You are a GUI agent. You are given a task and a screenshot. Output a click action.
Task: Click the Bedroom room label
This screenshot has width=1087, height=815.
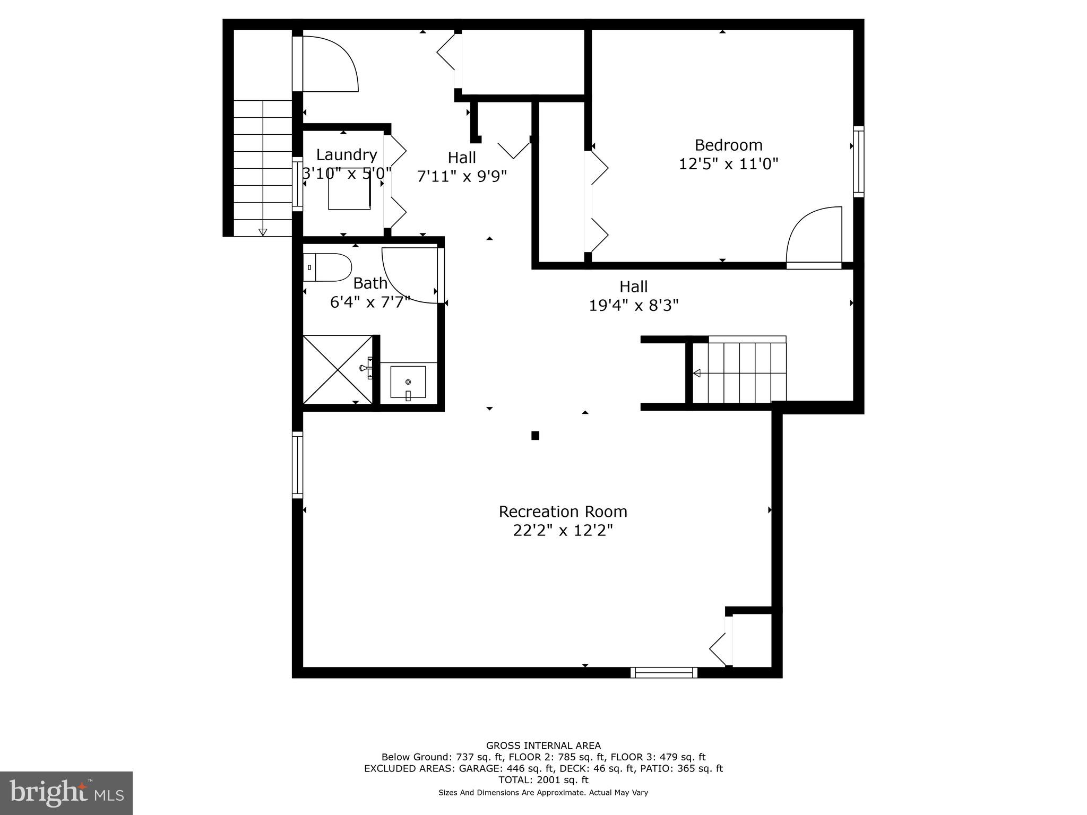point(728,145)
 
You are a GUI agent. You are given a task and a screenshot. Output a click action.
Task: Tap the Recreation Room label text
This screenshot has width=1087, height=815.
point(563,511)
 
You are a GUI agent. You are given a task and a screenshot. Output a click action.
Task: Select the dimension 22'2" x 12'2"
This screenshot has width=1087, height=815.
point(563,530)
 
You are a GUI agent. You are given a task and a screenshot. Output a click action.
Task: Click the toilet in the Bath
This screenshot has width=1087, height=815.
point(329,267)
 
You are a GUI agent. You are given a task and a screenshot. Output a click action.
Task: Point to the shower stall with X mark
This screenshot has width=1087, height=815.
point(338,369)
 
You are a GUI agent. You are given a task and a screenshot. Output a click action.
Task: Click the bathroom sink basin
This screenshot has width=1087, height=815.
point(408,382)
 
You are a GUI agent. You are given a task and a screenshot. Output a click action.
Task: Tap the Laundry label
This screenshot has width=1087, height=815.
point(347,155)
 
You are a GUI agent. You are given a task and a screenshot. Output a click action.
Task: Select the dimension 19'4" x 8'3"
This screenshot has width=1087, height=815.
point(634,305)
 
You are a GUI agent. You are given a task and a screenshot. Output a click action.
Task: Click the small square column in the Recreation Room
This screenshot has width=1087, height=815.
point(535,436)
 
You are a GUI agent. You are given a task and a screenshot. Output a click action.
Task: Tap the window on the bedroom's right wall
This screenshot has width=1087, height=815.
point(858,162)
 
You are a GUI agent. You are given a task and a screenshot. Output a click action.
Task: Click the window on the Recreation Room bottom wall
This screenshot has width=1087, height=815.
point(664,672)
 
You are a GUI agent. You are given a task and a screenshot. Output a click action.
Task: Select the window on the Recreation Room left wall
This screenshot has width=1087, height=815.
point(298,465)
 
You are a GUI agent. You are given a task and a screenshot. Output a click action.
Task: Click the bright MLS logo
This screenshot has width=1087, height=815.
point(66,793)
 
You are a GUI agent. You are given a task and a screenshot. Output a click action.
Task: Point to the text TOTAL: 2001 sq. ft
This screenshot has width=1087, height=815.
point(543,780)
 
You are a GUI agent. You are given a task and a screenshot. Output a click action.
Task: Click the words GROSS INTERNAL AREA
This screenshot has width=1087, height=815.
point(543,745)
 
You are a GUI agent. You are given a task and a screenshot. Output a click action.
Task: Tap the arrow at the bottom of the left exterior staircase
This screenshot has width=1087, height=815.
point(263,232)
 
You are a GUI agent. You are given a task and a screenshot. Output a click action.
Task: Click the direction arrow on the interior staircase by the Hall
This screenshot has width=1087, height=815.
point(697,373)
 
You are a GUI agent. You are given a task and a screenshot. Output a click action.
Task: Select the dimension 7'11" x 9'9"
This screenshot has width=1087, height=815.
point(462,176)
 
